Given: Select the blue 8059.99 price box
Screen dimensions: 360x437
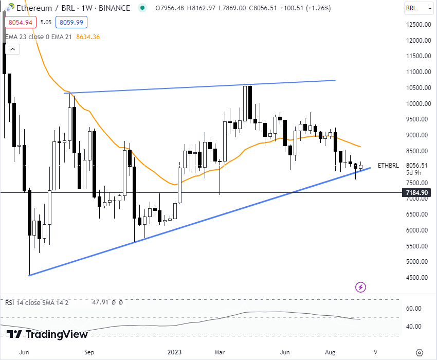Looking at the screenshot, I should pos(72,22).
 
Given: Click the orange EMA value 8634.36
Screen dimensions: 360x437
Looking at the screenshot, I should pos(88,37).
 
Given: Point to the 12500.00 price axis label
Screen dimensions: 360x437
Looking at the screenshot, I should pos(417,25).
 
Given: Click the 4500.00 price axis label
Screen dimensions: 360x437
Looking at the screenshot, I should pos(417,278).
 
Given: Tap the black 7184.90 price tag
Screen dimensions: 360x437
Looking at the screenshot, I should pos(417,193).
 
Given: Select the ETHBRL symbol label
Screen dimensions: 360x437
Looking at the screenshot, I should pos(388,166).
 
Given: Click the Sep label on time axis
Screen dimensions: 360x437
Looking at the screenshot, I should pos(89,352).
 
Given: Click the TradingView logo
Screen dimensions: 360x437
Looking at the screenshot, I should pos(47,335).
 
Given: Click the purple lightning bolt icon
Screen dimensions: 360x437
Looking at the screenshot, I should pos(361,286).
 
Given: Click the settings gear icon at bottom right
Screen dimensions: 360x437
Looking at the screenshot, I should pos(419,352).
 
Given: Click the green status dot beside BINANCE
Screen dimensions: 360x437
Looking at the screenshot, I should pos(143,8).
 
